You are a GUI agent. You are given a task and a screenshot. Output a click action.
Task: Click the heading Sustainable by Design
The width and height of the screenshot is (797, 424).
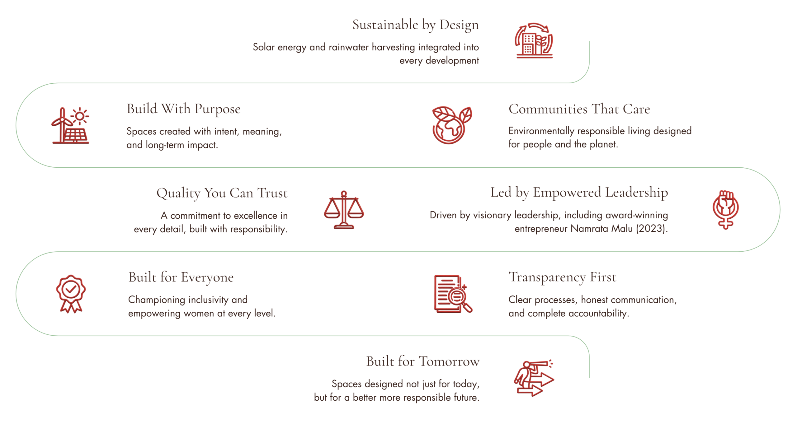(415, 25)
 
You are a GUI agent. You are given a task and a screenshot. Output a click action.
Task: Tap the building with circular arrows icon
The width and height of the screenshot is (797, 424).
(534, 40)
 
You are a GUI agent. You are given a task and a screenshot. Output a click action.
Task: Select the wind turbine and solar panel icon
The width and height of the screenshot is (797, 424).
(70, 125)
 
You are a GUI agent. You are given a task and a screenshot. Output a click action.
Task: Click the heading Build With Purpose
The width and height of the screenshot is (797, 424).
(183, 109)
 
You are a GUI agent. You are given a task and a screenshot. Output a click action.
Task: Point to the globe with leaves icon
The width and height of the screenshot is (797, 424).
(452, 125)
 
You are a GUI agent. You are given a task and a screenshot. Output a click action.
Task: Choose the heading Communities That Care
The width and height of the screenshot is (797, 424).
(579, 109)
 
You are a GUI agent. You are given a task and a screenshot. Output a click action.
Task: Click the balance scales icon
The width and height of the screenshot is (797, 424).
(344, 210)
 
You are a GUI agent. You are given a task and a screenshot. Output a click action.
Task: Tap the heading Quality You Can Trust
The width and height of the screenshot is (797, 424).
(222, 193)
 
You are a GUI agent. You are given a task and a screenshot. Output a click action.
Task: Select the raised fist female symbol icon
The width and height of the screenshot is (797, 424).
(725, 210)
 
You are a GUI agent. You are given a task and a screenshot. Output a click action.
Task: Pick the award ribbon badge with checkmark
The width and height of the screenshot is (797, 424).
(71, 294)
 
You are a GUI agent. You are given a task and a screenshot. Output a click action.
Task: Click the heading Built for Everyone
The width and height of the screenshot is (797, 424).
(181, 277)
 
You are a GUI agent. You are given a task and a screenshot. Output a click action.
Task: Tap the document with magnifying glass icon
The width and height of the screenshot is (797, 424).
(453, 294)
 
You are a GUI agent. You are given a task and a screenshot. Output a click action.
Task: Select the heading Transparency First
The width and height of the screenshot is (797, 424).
(562, 277)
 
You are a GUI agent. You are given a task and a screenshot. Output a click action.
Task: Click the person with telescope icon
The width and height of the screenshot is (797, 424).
(534, 378)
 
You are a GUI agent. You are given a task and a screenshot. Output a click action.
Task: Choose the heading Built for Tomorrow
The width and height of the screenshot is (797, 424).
(423, 361)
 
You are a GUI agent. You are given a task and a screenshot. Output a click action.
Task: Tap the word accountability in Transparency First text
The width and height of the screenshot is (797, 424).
(597, 313)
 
